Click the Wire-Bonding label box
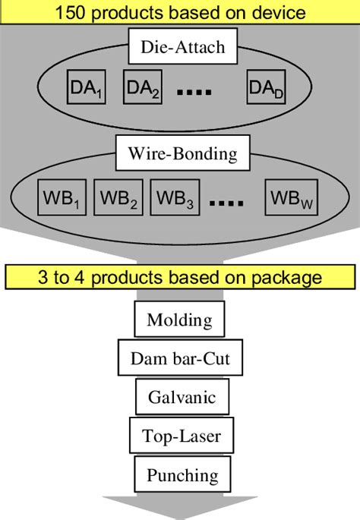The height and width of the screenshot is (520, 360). pos(178,154)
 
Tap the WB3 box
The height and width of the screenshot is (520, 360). pos(174,198)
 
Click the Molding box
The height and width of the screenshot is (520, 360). pos(179,319)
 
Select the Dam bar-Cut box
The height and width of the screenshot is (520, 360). pos(179,358)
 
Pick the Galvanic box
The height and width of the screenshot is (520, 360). pos(179,396)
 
